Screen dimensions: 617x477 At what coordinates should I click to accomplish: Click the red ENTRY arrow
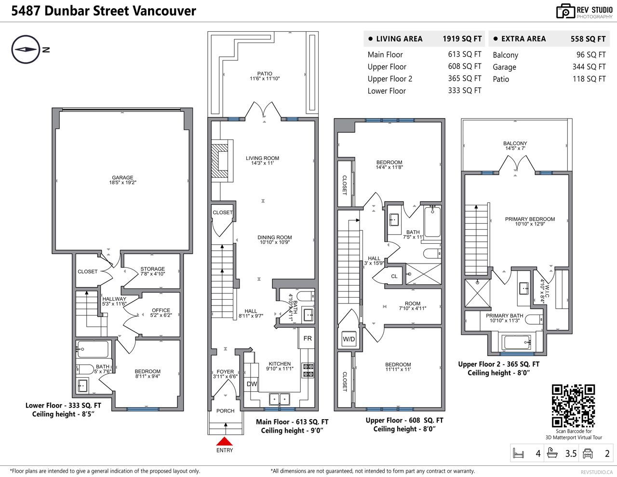click(224, 441)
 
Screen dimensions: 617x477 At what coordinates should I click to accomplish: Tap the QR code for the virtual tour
click(573, 406)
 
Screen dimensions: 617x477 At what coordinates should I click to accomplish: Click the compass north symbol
click(26, 49)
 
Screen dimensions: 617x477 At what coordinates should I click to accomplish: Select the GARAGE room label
click(122, 178)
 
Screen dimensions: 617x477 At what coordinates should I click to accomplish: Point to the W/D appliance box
click(349, 339)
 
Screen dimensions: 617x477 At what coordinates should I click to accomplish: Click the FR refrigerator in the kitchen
click(307, 338)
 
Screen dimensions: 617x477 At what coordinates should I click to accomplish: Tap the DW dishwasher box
click(252, 384)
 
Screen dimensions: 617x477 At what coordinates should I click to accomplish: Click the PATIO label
click(265, 74)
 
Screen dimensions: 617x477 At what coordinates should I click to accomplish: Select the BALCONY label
click(515, 143)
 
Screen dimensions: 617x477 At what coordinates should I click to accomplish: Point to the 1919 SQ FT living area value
click(462, 39)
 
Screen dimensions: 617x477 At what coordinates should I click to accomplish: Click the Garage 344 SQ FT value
click(589, 66)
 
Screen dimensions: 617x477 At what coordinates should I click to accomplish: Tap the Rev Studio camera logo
click(565, 12)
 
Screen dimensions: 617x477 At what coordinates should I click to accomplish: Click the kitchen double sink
click(280, 399)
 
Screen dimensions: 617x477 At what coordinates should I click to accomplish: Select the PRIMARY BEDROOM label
click(530, 219)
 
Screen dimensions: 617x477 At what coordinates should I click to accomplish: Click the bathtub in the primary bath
click(516, 343)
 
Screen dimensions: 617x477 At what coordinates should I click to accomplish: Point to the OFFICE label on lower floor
click(161, 310)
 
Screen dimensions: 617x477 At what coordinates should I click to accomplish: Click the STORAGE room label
click(152, 269)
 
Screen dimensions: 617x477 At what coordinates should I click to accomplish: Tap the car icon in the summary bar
click(588, 453)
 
